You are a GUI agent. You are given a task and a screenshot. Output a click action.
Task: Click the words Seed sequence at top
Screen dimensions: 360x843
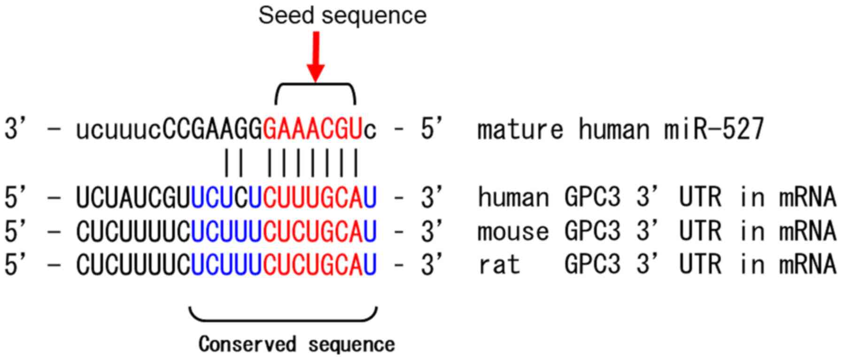coord(342,15)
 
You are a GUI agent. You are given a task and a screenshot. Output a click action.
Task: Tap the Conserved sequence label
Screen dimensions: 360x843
coord(296,345)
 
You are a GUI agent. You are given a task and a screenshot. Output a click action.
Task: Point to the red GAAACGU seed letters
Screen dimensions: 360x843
coord(313,129)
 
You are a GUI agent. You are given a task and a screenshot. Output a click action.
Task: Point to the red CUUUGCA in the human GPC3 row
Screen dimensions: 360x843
coord(313,198)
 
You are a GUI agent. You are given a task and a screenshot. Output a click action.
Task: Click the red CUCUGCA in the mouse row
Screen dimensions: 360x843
coord(313,231)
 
